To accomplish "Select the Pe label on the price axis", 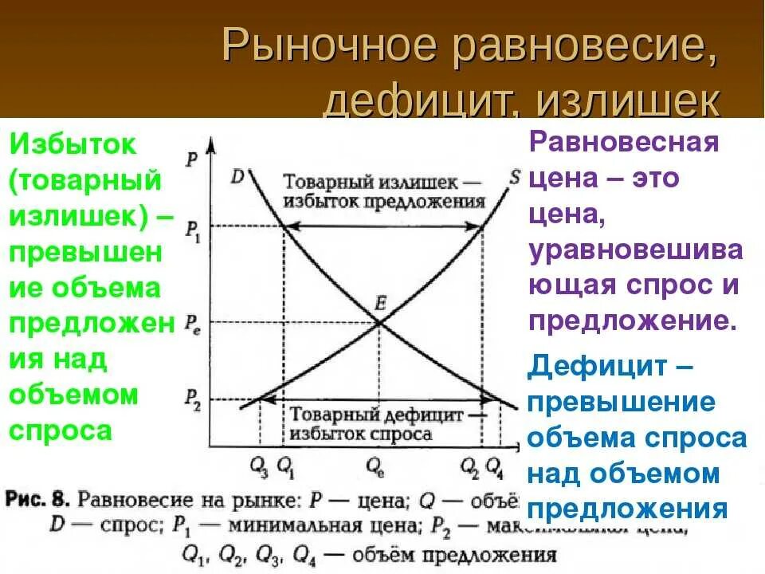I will (x=193, y=324).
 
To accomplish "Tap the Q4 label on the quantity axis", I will (x=495, y=465).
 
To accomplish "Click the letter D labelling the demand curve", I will (x=237, y=175).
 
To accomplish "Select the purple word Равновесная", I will (x=624, y=144).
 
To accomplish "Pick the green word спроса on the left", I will (x=60, y=431).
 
